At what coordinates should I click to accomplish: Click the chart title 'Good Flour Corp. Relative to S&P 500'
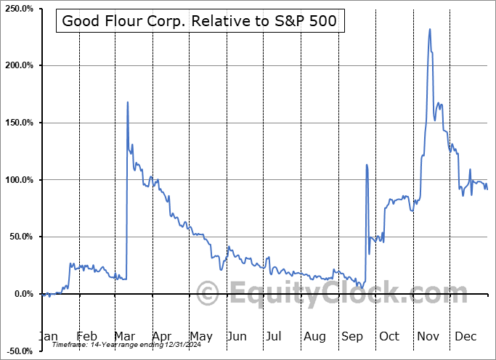point(200,20)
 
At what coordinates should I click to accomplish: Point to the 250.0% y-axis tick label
point(17,8)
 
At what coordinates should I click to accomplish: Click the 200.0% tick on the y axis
point(17,65)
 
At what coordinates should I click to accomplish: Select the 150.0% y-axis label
point(17,123)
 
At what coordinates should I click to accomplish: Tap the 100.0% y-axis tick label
point(17,180)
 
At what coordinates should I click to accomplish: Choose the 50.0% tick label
point(20,237)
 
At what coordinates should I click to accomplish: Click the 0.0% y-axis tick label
point(22,294)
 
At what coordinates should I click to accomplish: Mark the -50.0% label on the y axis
point(18,351)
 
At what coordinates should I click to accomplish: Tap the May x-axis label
point(200,336)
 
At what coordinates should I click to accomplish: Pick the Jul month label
point(274,336)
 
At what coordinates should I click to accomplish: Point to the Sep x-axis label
point(351,336)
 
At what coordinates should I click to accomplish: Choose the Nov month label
point(428,336)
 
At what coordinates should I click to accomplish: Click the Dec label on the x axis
point(465,336)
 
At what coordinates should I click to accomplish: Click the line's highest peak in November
point(430,29)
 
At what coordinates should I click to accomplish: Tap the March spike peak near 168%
point(128,102)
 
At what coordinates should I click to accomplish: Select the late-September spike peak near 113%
point(367,165)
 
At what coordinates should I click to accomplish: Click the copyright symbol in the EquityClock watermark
point(208,294)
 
